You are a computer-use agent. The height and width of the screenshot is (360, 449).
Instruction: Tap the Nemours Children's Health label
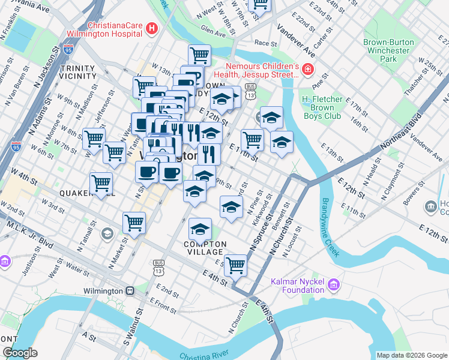(x=262, y=70)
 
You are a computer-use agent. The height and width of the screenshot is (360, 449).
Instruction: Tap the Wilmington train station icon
(x=129, y=291)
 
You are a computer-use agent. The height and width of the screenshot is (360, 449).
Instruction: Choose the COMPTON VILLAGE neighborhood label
(x=205, y=248)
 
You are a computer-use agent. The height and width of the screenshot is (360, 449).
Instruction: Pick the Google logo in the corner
(x=20, y=353)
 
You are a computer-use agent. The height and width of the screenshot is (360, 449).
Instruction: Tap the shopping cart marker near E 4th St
(x=236, y=265)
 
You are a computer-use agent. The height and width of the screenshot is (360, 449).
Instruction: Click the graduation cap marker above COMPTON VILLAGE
(x=200, y=229)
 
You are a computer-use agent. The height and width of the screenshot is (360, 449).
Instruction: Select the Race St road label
(x=265, y=43)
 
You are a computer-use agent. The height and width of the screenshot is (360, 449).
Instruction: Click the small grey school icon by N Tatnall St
(x=107, y=233)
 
